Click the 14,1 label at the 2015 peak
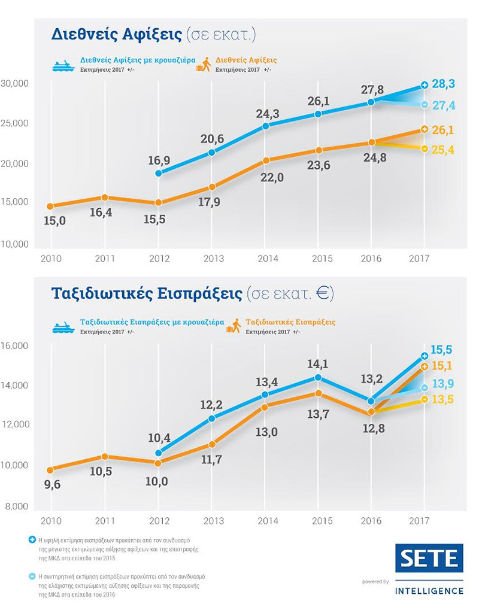click(x=317, y=363)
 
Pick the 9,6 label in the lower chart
click(x=53, y=485)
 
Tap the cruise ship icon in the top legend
click(x=63, y=65)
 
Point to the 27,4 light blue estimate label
click(x=443, y=105)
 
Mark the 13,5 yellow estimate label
click(x=444, y=399)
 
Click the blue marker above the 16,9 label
click(x=158, y=173)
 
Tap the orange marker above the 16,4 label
click(x=104, y=198)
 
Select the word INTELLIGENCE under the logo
click(x=429, y=590)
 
